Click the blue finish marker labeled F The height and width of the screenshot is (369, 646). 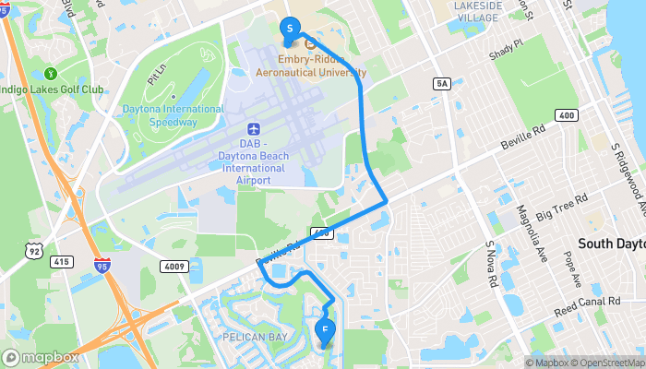[x=324, y=329]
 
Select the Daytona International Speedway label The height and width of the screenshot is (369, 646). [x=173, y=113]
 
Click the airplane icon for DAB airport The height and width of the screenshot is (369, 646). [x=254, y=129]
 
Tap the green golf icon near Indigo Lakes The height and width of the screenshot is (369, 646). [x=52, y=73]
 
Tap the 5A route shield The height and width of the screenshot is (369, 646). [x=442, y=84]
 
